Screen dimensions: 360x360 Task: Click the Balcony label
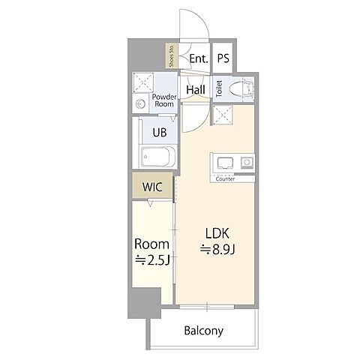pos(203,331)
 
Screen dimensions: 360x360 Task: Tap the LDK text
pos(217,233)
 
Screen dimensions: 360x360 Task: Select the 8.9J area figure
pos(217,249)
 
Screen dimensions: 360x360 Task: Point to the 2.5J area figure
pos(152,260)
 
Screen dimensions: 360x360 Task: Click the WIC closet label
pos(152,187)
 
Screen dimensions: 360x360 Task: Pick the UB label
pos(160,133)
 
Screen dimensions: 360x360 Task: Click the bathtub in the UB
pos(155,157)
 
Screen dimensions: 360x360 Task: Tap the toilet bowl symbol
pos(241,89)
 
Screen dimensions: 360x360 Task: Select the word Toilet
pos(219,88)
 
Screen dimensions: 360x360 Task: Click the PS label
pos(223,58)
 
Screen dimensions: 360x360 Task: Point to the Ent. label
pos(199,58)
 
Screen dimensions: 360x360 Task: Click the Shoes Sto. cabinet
pos(172,55)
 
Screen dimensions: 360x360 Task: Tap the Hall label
pos(196,89)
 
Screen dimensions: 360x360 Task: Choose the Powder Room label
pos(164,100)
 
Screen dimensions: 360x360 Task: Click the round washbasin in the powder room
pos(141,104)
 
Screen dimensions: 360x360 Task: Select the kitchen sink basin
pos(225,163)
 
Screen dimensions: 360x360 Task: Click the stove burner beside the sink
pos(247,163)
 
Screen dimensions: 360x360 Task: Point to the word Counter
pos(225,179)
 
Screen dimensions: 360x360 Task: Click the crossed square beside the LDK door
pos(222,115)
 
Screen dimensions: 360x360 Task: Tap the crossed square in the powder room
pos(142,82)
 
